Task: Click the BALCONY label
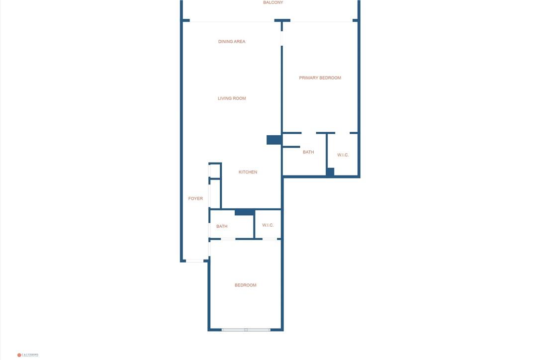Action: [273, 2]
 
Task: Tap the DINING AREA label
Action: [232, 42]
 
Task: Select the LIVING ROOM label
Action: [232, 98]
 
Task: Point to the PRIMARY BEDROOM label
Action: [320, 78]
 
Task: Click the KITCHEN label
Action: [248, 172]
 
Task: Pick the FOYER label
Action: [195, 198]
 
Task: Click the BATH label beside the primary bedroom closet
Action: [308, 152]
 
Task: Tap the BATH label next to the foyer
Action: [222, 226]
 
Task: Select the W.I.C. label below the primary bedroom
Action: [343, 155]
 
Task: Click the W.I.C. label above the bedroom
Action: [268, 225]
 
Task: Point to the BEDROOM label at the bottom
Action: [246, 285]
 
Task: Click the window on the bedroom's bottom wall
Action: [246, 330]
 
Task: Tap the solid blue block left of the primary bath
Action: [274, 140]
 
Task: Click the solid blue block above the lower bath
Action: [244, 212]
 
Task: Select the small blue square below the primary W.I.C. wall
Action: [330, 172]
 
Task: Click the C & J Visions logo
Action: [28, 355]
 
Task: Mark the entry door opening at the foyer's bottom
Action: [194, 261]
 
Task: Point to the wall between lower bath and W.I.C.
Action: [254, 225]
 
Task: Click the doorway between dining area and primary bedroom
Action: [281, 34]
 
